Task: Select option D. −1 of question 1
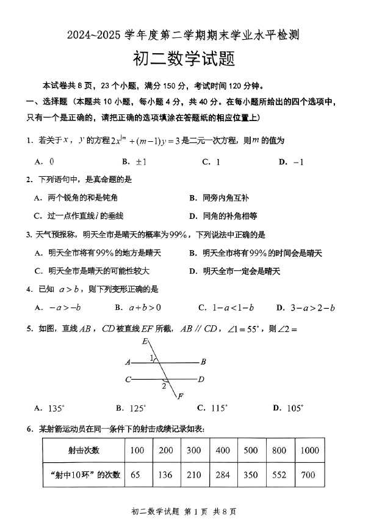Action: click(291, 161)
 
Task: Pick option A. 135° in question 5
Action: click(49, 408)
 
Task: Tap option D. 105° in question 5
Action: click(288, 408)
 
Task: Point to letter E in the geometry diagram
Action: click(145, 341)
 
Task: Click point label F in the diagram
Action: click(181, 397)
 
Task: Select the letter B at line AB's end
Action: click(203, 362)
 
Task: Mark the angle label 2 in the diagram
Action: click(164, 386)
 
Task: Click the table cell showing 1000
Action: click(309, 451)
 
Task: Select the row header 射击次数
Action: click(84, 451)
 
